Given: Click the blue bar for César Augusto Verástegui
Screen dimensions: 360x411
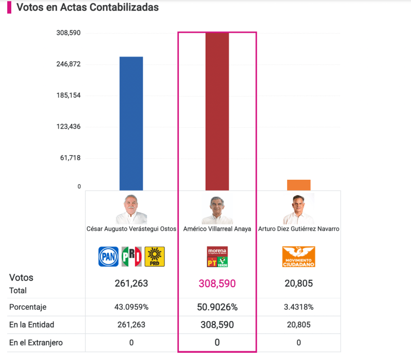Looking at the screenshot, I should [x=131, y=123].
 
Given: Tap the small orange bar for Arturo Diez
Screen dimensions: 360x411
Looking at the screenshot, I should [x=298, y=185].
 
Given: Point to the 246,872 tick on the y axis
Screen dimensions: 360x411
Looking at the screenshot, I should [x=68, y=64].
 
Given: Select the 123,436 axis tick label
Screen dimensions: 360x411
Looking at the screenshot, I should [x=68, y=126].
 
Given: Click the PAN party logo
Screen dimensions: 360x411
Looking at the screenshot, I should [x=108, y=256].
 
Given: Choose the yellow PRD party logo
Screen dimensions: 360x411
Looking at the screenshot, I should [x=155, y=256].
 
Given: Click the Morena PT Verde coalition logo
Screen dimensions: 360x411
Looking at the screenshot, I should [x=217, y=256].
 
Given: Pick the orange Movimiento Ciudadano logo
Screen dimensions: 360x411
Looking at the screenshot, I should [x=298, y=256].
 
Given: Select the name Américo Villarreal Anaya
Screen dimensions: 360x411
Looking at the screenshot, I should [x=217, y=229].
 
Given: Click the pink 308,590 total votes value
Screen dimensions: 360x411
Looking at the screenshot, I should [x=217, y=283].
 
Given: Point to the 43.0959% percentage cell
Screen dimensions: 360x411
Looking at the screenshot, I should [x=132, y=307].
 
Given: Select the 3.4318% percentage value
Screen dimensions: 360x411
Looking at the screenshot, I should [x=298, y=307].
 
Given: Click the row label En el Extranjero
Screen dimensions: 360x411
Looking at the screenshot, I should [x=35, y=343].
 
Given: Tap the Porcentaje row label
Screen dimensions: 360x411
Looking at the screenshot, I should [x=28, y=307].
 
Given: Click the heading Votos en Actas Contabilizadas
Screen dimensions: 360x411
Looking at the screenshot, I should [x=87, y=8].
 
